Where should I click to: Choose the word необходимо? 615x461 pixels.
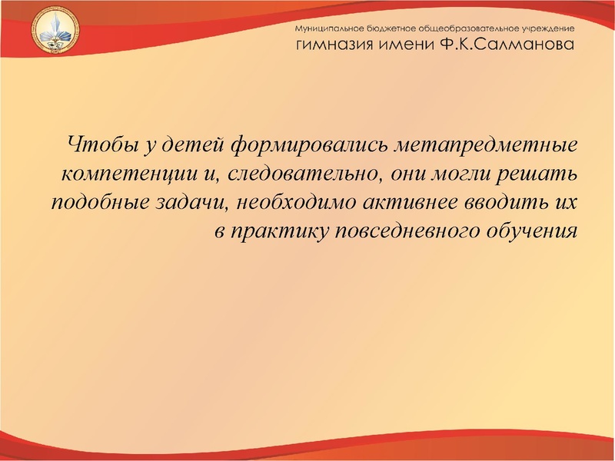(x=289, y=201)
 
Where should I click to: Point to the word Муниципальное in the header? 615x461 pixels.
(x=331, y=28)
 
